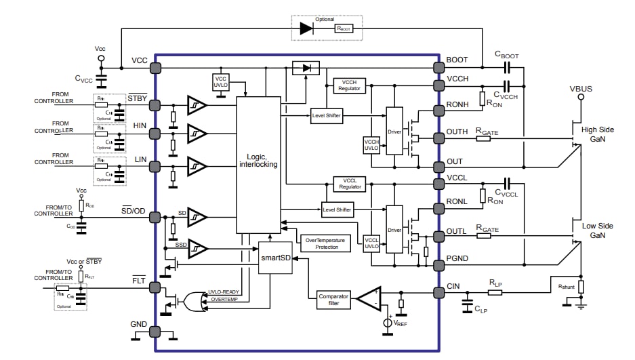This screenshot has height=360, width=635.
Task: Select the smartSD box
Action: pyautogui.click(x=275, y=258)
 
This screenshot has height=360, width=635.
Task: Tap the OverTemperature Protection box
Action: pyautogui.click(x=326, y=243)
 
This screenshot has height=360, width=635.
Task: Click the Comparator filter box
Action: pyautogui.click(x=333, y=300)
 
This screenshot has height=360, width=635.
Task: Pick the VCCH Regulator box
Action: pyautogui.click(x=350, y=85)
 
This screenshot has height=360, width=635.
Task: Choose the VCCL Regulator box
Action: pyautogui.click(x=350, y=184)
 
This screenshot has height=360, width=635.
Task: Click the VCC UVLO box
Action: pyautogui.click(x=222, y=82)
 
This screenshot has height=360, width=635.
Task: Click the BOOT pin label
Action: pyautogui.click(x=457, y=60)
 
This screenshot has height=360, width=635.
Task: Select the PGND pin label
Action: pyautogui.click(x=458, y=258)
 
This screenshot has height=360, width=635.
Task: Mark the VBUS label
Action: pyautogui.click(x=581, y=88)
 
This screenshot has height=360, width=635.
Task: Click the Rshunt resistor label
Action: pyautogui.click(x=567, y=287)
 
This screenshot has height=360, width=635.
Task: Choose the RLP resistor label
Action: pyautogui.click(x=495, y=283)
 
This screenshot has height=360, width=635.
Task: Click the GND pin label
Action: pyautogui.click(x=138, y=324)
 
